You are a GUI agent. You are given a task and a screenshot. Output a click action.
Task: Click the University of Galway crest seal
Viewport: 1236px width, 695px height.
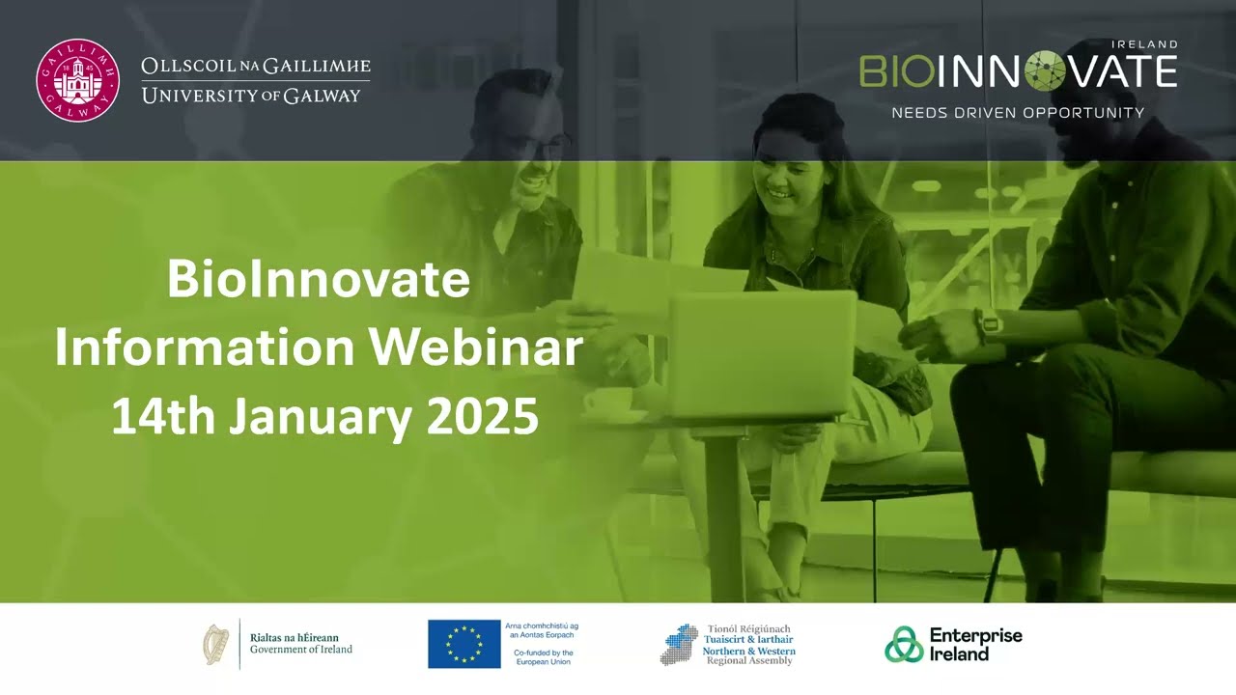77,80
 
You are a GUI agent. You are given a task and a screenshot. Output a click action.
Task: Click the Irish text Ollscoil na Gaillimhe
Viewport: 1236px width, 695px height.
256,67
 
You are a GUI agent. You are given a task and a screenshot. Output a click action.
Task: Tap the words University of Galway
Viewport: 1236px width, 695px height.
251,96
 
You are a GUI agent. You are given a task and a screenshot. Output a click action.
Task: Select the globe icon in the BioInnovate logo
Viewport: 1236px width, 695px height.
1045,71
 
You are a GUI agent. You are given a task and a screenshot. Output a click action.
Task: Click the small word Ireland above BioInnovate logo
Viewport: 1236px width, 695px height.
1144,44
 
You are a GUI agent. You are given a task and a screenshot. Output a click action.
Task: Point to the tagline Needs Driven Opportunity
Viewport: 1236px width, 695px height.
1018,113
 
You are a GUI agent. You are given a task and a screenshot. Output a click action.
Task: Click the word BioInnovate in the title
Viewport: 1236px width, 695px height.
318,280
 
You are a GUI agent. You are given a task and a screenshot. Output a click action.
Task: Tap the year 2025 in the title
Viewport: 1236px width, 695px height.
482,417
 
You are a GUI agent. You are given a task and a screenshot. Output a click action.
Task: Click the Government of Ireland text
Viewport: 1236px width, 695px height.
300,650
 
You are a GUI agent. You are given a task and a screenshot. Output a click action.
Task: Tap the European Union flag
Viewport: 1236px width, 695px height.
463,644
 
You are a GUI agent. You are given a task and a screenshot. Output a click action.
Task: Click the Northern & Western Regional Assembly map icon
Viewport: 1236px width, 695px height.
678,644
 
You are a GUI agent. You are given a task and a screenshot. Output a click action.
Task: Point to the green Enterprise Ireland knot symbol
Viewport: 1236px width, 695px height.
904,645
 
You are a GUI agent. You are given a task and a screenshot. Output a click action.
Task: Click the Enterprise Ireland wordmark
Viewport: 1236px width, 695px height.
974,644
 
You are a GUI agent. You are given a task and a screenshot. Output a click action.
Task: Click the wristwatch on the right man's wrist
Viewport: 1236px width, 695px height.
988,325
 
